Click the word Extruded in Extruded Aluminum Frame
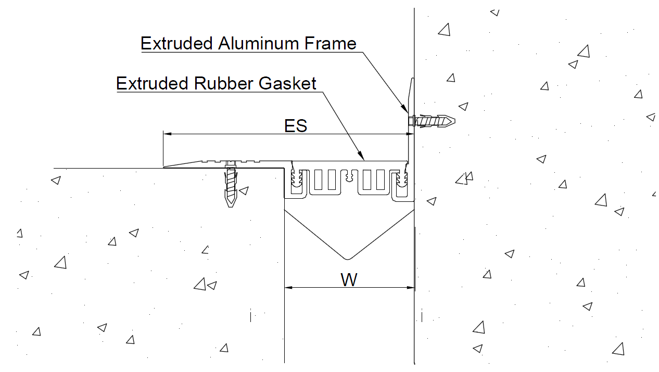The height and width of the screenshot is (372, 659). [176, 43]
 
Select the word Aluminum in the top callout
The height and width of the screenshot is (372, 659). [258, 43]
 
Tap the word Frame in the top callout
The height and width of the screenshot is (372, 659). [330, 43]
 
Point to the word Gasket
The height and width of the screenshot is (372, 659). [287, 83]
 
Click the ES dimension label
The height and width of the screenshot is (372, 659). [296, 126]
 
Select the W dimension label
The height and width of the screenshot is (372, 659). [349, 279]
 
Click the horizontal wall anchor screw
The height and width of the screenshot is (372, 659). [432, 121]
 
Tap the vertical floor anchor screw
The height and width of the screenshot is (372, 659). [231, 184]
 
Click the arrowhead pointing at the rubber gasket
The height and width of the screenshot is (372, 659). [361, 156]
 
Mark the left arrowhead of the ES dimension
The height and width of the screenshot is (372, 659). [168, 134]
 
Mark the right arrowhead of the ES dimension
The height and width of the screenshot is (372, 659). [410, 134]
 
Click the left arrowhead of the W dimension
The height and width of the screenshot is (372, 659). [288, 288]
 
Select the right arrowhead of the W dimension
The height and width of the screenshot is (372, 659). [410, 288]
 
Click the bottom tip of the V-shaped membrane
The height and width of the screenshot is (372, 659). [348, 259]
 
